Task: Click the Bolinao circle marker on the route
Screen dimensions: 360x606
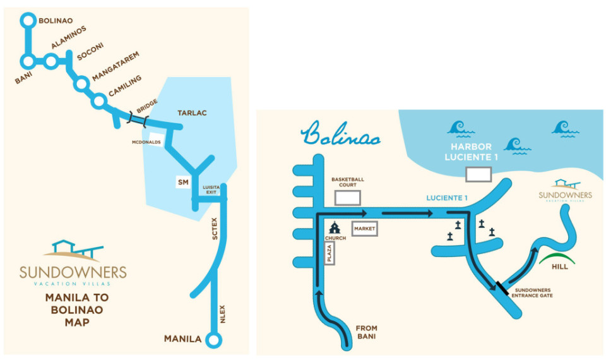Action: tap(28, 21)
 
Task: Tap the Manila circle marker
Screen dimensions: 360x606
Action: tap(215, 340)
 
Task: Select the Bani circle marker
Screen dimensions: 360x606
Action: tap(28, 61)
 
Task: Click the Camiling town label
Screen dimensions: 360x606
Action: tap(125, 87)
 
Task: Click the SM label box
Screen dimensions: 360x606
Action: tap(183, 182)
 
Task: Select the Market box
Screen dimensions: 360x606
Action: tap(364, 229)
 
